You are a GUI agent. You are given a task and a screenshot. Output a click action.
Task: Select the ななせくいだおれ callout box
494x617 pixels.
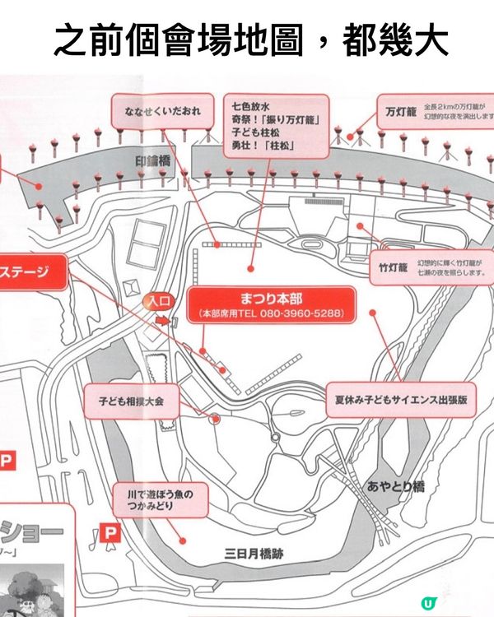(x=162, y=112)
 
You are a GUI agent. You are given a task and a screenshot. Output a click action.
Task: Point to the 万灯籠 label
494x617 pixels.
(x=400, y=110)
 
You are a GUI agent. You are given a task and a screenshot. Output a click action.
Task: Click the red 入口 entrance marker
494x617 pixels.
(x=159, y=301)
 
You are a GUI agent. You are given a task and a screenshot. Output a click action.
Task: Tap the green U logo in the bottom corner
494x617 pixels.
(x=427, y=602)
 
